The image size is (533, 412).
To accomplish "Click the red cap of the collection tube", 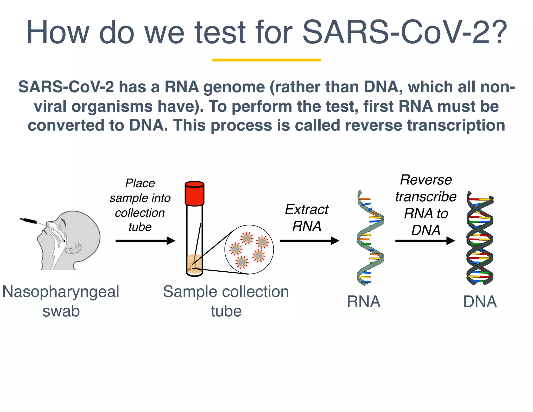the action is click(x=194, y=193).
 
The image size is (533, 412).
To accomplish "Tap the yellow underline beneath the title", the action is click(x=266, y=60).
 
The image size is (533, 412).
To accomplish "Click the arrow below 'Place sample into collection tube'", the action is click(x=145, y=241).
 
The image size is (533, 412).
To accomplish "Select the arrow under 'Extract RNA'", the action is click(x=309, y=241).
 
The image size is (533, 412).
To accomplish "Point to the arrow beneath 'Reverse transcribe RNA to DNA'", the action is click(x=425, y=241).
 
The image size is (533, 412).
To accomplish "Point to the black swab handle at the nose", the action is click(x=29, y=221).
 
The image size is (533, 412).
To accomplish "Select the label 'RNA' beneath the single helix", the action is click(x=364, y=302).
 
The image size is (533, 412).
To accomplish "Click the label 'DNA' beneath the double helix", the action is click(x=480, y=302).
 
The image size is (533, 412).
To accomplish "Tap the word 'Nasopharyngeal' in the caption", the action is click(x=61, y=292).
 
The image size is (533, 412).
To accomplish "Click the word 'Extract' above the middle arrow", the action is click(x=307, y=209).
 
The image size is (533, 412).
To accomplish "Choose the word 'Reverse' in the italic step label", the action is click(x=426, y=180).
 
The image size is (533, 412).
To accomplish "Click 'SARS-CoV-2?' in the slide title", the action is click(x=405, y=32).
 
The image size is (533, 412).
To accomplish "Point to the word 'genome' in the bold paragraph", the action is click(x=234, y=87).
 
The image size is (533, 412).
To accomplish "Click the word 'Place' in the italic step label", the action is click(x=140, y=183).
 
